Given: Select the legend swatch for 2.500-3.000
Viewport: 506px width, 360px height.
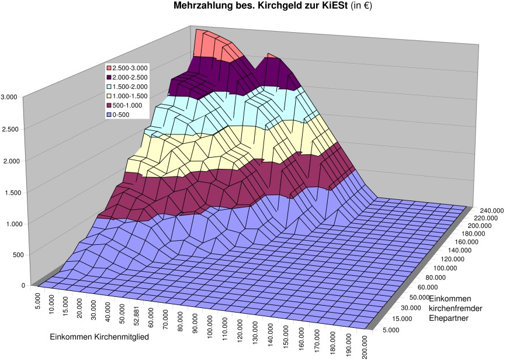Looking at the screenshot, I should [x=109, y=68].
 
